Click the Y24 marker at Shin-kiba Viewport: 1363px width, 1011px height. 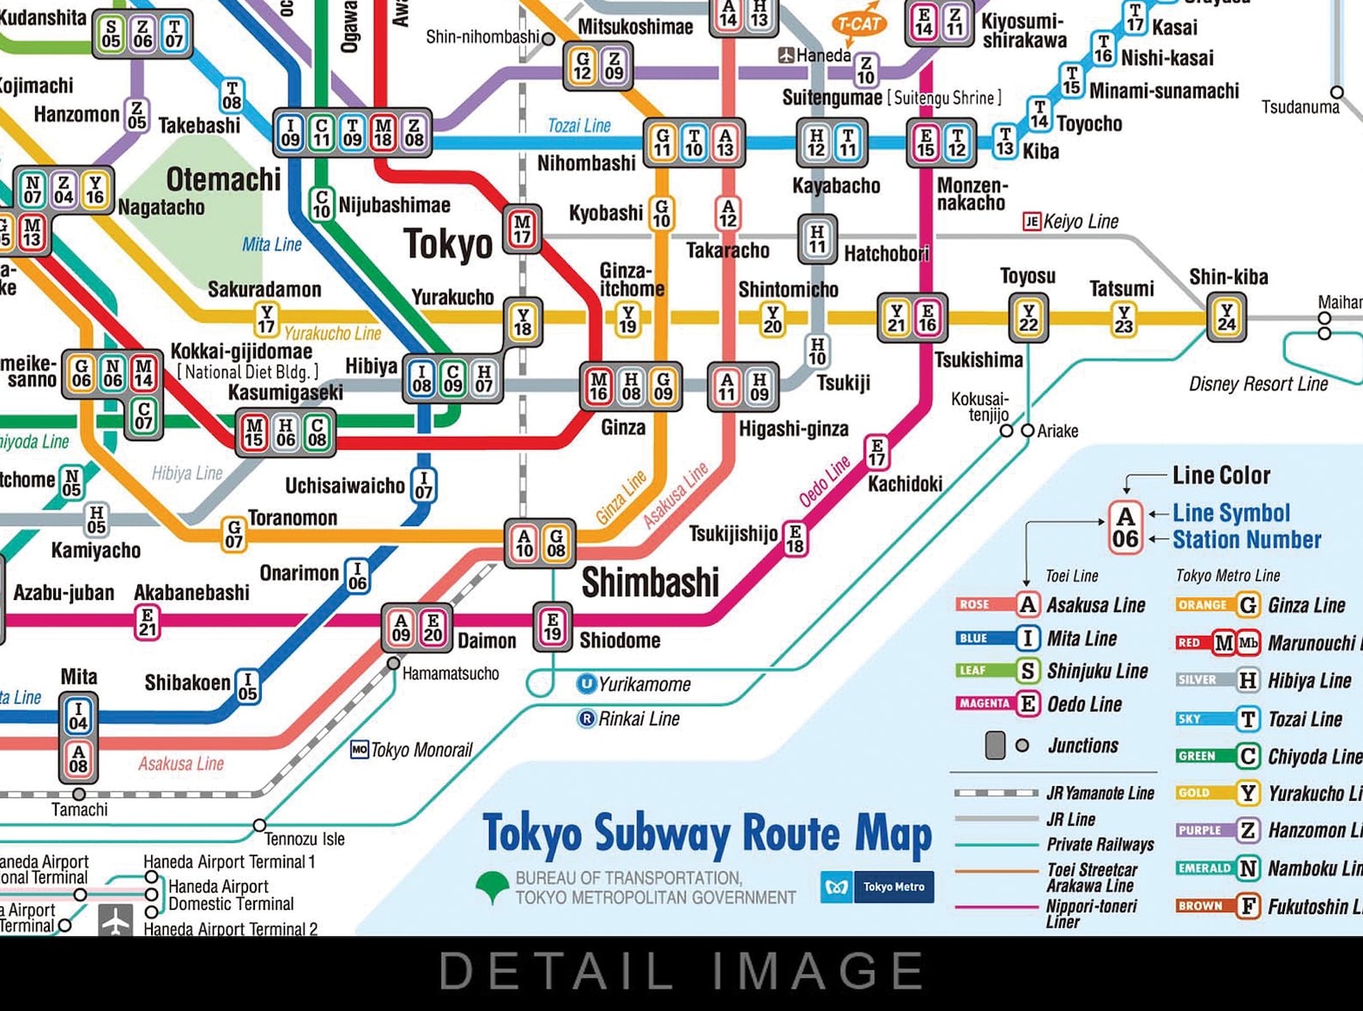(1227, 318)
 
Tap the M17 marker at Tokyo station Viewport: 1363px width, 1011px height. (522, 229)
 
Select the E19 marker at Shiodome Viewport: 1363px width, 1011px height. (552, 627)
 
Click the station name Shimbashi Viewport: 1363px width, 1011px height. (650, 583)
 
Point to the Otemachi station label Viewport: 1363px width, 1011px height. (223, 179)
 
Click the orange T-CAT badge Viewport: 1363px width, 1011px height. (859, 23)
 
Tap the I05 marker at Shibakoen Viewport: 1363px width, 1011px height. (247, 687)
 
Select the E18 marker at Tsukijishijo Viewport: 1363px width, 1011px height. (796, 539)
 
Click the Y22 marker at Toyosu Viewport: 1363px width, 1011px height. (1028, 318)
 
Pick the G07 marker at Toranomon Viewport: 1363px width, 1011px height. (233, 534)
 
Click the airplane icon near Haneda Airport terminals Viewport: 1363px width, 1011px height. (115, 920)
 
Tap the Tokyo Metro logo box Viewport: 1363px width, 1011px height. (877, 887)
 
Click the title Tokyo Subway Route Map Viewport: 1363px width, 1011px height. (707, 833)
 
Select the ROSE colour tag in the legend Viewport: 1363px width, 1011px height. (975, 604)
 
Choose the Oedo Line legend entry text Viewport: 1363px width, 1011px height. (1084, 705)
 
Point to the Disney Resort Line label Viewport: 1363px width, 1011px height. (1257, 384)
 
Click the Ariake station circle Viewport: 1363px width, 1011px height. (1027, 431)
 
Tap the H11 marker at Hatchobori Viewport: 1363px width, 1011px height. (817, 239)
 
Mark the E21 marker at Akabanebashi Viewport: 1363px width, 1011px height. (148, 622)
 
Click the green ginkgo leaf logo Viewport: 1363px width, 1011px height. (493, 887)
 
